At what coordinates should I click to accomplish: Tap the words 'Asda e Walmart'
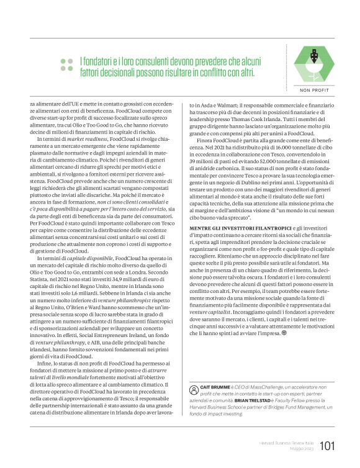(213, 107)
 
